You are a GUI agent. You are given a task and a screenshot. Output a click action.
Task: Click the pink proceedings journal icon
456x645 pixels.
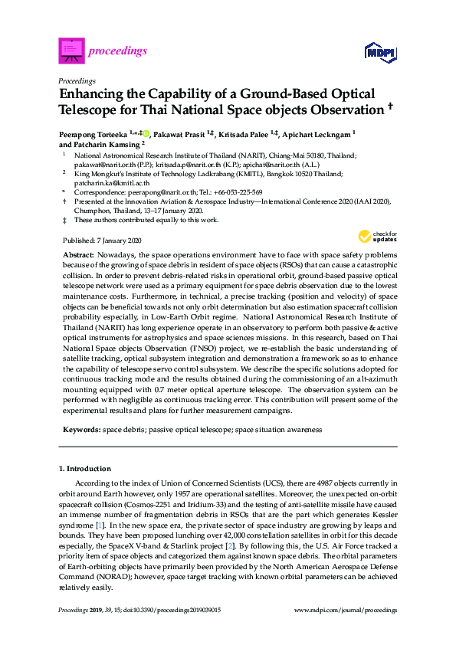point(71,50)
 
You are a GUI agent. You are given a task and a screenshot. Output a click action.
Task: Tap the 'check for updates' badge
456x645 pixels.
point(377,235)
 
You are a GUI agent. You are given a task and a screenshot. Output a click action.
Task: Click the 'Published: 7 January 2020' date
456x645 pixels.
point(97,240)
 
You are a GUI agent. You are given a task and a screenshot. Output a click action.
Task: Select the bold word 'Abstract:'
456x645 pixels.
point(77,254)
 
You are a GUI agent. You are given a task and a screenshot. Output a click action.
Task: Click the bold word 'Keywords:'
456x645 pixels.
point(82,430)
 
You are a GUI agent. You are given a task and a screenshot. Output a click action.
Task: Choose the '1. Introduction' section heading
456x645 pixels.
point(84,467)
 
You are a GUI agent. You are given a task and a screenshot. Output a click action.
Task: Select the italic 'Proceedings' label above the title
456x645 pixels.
point(77,80)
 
